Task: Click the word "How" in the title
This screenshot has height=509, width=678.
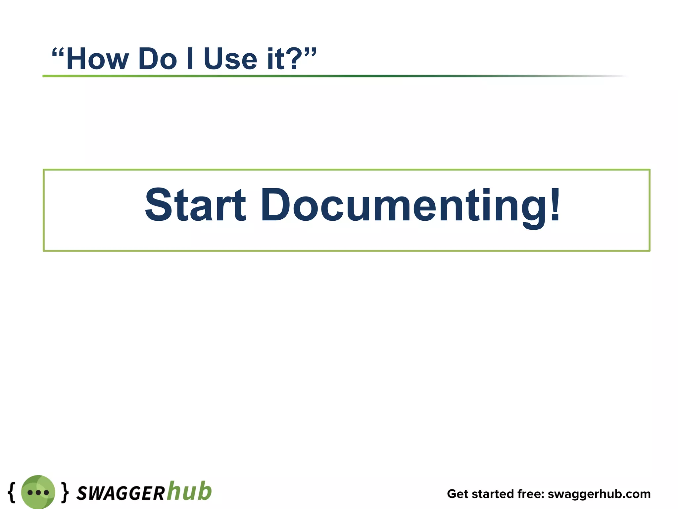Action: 98,59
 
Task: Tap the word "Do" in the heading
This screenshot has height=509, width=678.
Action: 158,59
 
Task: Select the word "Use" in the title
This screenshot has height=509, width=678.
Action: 230,59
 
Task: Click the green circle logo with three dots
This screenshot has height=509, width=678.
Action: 38,492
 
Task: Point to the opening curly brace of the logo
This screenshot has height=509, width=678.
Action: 12,492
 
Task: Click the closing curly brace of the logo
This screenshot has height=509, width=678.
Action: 65,492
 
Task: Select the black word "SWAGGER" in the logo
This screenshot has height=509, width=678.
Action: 121,493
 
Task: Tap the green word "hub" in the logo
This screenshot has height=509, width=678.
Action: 189,491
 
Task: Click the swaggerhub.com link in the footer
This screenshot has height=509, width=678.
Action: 599,494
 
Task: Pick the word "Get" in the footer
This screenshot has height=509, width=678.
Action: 458,494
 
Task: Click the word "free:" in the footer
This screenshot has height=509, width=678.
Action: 531,494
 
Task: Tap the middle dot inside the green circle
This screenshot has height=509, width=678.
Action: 38,492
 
